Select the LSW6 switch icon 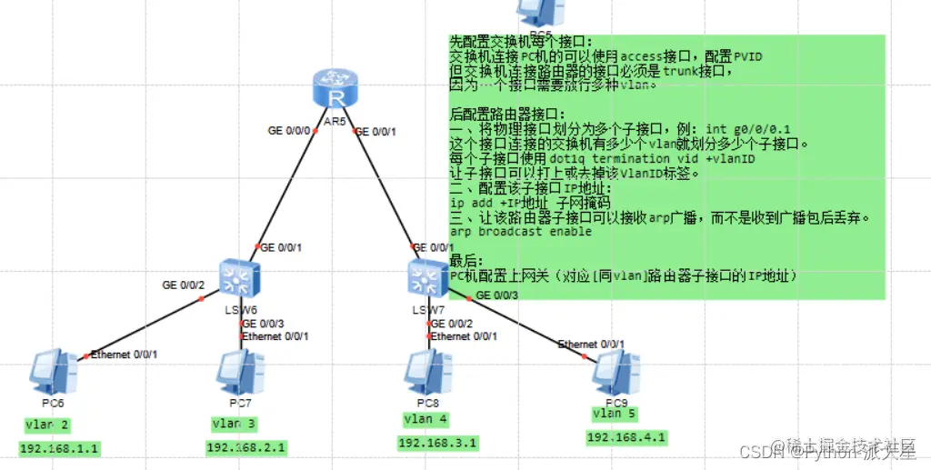click(240, 277)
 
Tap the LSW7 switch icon click(426, 276)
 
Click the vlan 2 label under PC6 click(47, 425)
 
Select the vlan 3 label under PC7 click(235, 424)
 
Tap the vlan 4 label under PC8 click(425, 419)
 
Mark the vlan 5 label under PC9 click(615, 414)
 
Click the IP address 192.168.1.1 click(59, 448)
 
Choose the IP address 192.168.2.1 click(246, 447)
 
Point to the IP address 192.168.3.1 click(437, 443)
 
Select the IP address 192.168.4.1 click(626, 437)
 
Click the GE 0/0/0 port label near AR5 click(288, 131)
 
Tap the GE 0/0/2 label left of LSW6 click(184, 285)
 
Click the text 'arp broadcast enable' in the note click(521, 232)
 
